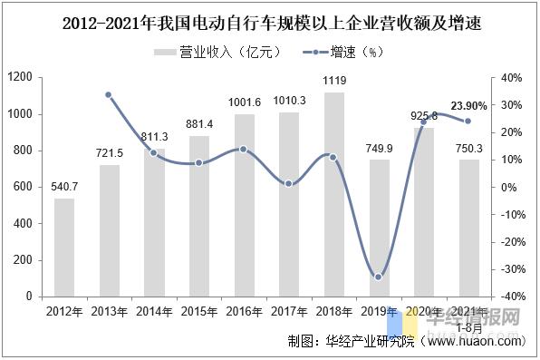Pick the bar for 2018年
click(x=333, y=194)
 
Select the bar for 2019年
click(x=378, y=228)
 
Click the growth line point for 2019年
click(x=378, y=277)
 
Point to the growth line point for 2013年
click(x=108, y=95)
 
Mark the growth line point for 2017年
click(x=288, y=184)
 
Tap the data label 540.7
click(x=63, y=187)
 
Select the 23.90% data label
click(x=468, y=106)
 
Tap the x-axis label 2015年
click(x=198, y=311)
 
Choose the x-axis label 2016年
click(x=243, y=311)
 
